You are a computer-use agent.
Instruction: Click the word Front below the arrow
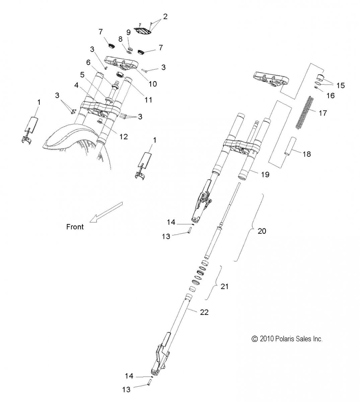point(75,227)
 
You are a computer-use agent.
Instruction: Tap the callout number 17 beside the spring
point(322,113)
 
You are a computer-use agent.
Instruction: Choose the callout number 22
point(205,312)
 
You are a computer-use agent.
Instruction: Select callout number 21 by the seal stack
point(224,286)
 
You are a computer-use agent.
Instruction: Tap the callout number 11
point(148,99)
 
